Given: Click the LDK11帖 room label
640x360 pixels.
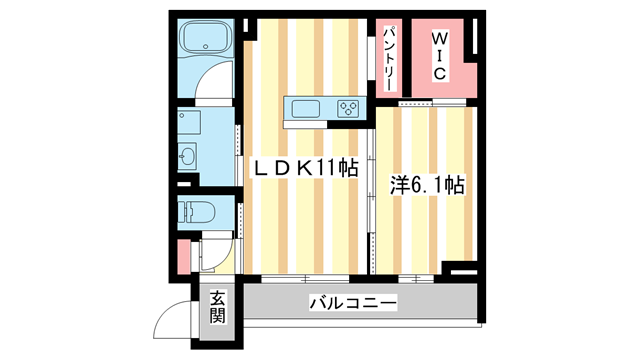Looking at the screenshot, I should pyautogui.click(x=303, y=171).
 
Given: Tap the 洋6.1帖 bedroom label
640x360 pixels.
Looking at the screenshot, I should pyautogui.click(x=426, y=185).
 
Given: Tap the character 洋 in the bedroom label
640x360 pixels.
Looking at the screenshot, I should pyautogui.click(x=398, y=185).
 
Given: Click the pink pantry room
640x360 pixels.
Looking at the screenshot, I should pyautogui.click(x=391, y=57).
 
